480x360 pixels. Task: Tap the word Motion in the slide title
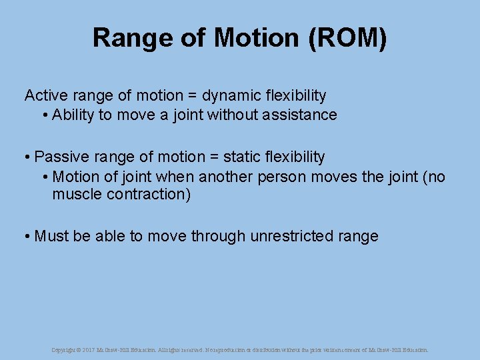(257, 38)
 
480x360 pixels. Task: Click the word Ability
(73, 115)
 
